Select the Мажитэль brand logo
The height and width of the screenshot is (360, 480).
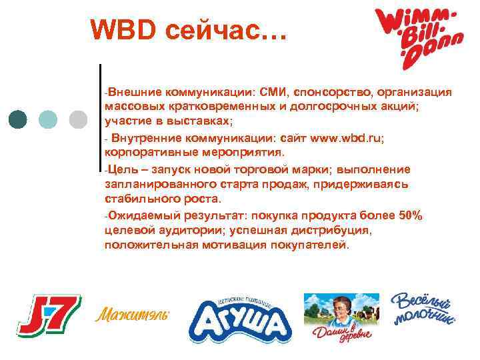pyautogui.click(x=133, y=314)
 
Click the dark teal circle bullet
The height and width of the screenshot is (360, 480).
pyautogui.click(x=19, y=119)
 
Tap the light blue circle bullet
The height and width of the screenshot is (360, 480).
pyautogui.click(x=49, y=119)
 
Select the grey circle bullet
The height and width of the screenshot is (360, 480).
pyautogui.click(x=78, y=119)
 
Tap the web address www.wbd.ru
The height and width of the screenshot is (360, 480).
pyautogui.click(x=344, y=139)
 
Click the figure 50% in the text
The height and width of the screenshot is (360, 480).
pyautogui.click(x=408, y=215)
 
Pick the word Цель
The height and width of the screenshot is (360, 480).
pyautogui.click(x=120, y=169)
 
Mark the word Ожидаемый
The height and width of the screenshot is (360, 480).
pyautogui.click(x=141, y=215)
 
